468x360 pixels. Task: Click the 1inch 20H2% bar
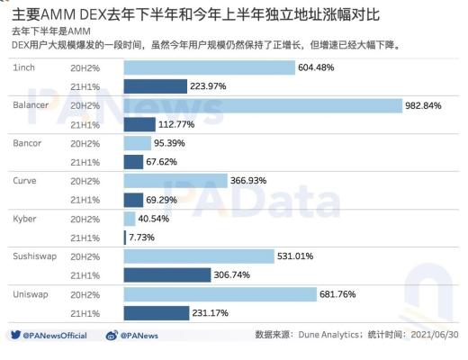(209, 67)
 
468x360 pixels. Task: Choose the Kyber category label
(25, 219)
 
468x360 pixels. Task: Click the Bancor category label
(28, 143)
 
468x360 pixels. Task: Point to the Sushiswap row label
(34, 256)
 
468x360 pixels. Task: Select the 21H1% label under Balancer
(86, 124)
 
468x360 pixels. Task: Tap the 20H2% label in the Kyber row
(86, 219)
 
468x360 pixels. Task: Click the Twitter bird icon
(15, 336)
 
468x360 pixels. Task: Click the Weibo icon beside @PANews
(112, 336)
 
